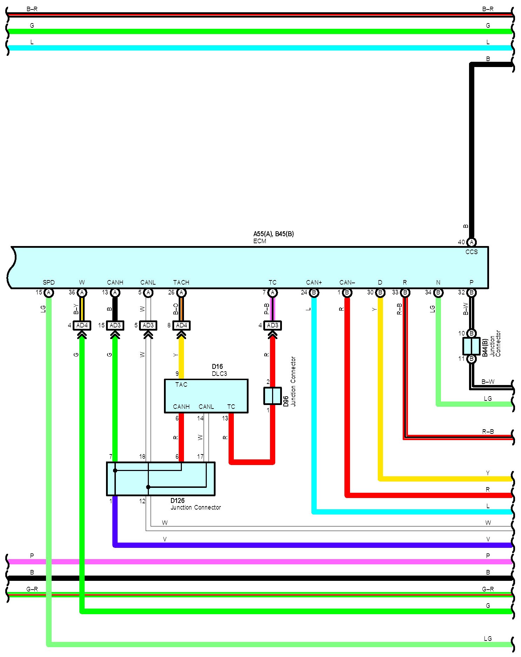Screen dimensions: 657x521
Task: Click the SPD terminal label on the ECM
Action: tap(49, 282)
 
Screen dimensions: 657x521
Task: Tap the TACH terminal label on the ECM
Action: tap(181, 282)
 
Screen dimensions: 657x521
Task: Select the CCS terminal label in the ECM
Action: tap(471, 252)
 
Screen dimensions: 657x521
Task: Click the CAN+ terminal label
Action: tap(314, 282)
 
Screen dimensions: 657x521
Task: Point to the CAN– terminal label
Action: tap(347, 282)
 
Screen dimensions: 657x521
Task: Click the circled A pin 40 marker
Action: tap(471, 242)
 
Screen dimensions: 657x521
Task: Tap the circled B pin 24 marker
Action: tap(314, 292)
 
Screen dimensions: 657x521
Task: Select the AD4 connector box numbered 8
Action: tap(182, 325)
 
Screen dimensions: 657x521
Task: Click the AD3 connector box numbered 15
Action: tap(115, 325)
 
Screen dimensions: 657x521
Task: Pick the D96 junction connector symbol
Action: tap(272, 396)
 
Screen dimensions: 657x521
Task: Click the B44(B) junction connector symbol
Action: tap(471, 346)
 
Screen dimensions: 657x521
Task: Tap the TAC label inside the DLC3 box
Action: tap(181, 385)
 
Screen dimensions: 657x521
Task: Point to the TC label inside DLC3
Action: tap(231, 406)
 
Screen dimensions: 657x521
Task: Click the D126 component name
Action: tap(177, 500)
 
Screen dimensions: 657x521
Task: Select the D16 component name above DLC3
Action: tap(217, 366)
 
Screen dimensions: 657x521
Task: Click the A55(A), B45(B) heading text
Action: tap(273, 234)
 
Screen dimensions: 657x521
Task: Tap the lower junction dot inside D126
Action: tap(148, 487)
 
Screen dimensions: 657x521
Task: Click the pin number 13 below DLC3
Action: tap(225, 418)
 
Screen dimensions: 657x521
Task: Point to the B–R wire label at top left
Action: tap(32, 9)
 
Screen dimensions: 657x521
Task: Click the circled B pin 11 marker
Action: tap(471, 359)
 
